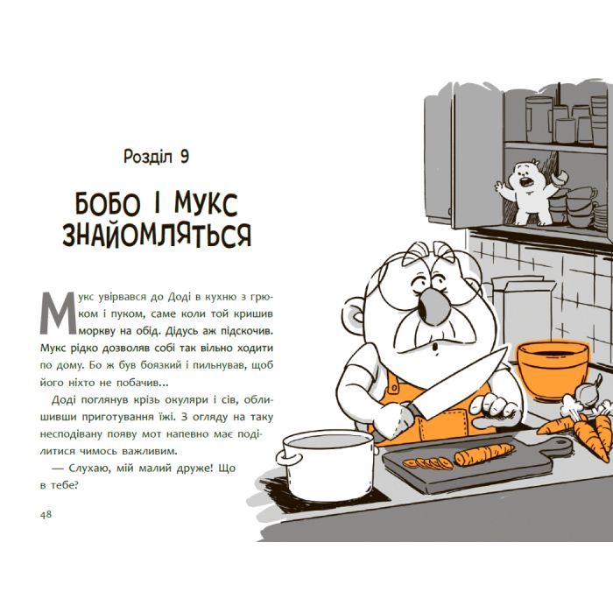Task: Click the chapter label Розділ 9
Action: point(157,157)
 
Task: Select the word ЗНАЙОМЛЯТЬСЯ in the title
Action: point(157,236)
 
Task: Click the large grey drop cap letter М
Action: point(59,314)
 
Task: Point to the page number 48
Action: point(46,514)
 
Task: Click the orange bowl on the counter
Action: point(553,370)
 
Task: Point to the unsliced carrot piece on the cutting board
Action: point(484,454)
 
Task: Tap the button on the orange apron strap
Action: point(393,388)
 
